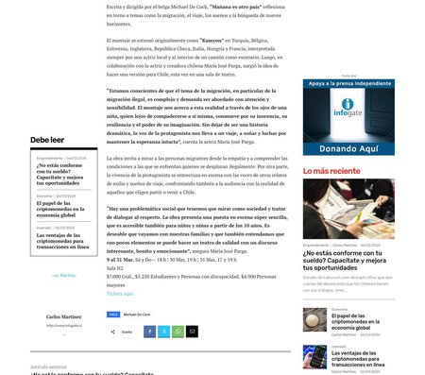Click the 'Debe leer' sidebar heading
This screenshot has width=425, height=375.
[47, 140]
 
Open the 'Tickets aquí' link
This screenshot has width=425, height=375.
[120, 293]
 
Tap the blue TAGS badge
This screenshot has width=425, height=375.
[113, 314]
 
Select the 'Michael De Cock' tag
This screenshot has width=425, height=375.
[137, 314]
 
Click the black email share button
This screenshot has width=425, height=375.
[192, 332]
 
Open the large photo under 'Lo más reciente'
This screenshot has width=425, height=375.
[342, 210]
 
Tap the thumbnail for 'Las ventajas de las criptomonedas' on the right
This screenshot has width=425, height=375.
[314, 355]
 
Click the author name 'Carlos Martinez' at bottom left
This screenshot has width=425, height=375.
[64, 315]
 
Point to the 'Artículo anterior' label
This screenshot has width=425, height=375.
[49, 366]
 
